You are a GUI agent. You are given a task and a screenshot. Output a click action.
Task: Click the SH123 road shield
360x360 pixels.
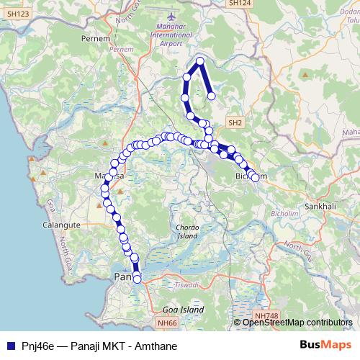pyautogui.click(x=18, y=14)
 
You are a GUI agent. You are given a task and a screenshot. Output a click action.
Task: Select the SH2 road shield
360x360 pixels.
pyautogui.click(x=235, y=123)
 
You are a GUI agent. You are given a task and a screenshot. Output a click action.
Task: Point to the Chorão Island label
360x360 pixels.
pyautogui.click(x=186, y=232)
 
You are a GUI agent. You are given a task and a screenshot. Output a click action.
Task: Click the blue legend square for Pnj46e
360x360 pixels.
pyautogui.click(x=9, y=345)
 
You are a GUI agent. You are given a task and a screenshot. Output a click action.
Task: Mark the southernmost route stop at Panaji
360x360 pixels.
pyautogui.click(x=138, y=279)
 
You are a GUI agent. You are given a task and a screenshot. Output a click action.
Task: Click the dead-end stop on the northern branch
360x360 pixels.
pyautogui.click(x=212, y=96)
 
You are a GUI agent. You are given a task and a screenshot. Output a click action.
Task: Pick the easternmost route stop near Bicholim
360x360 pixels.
pyautogui.click(x=255, y=177)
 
